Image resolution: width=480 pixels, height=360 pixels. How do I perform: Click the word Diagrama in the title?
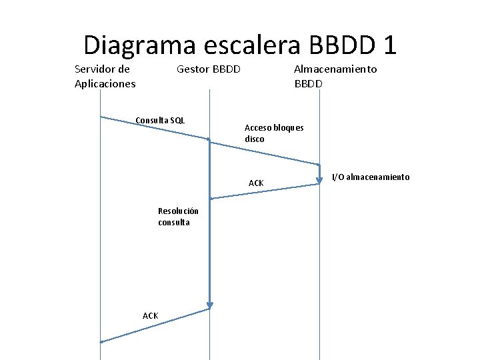[139, 45]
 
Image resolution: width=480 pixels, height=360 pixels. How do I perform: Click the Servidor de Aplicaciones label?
[105, 76]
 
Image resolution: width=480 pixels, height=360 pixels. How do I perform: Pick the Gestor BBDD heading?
[208, 69]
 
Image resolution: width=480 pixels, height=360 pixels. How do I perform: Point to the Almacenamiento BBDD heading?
[335, 76]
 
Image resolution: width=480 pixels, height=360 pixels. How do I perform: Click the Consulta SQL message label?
[160, 121]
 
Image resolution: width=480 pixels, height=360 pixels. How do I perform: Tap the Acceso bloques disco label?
[273, 133]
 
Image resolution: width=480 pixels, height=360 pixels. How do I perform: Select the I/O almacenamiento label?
[371, 177]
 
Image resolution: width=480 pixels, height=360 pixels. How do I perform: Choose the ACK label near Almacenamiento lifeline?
[256, 183]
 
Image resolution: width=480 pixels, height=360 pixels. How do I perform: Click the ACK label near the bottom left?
[150, 315]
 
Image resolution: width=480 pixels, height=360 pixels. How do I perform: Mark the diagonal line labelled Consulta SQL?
[154, 128]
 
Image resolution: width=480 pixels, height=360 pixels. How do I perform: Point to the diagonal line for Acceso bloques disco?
[264, 152]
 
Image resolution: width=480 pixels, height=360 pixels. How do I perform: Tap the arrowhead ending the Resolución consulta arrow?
[209, 306]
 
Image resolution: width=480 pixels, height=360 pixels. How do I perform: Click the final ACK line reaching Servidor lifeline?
[155, 325]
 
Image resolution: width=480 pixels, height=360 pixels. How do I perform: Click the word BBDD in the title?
[340, 45]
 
